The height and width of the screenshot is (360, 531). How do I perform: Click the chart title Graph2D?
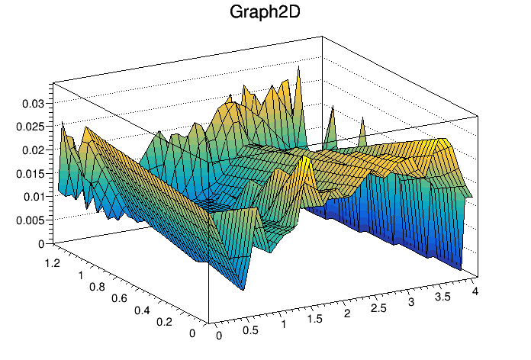[265, 13]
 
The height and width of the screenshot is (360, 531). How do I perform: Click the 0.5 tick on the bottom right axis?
[249, 329]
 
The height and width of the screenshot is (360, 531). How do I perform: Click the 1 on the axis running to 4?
[284, 324]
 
